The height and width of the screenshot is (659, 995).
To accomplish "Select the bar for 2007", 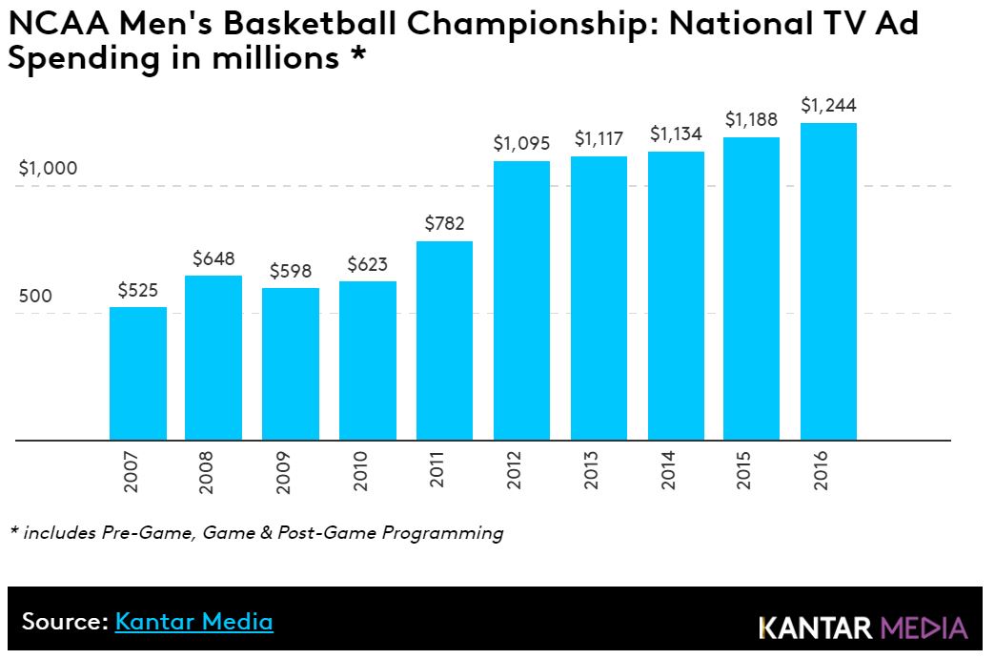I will click(x=138, y=374).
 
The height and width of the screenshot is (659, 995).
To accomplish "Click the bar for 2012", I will click(x=521, y=300).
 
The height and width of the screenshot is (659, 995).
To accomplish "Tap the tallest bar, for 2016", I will click(x=828, y=281).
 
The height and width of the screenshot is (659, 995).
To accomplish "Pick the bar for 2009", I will click(x=291, y=364).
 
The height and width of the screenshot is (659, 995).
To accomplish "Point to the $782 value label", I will click(x=444, y=224).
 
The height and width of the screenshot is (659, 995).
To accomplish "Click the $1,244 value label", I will click(x=828, y=105).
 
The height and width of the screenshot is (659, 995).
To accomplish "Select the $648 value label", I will click(x=213, y=258).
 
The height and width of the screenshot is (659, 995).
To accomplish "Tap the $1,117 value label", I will click(x=599, y=139).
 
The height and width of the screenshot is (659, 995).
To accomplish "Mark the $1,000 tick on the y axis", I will click(x=49, y=169).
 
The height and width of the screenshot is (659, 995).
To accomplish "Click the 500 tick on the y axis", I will click(x=36, y=296).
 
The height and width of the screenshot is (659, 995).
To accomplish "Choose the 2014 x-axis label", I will click(x=668, y=470).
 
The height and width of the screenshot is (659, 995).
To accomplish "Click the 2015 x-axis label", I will click(x=744, y=470).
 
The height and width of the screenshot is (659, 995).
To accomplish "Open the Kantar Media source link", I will click(x=193, y=622).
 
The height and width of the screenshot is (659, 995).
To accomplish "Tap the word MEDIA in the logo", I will click(x=924, y=628).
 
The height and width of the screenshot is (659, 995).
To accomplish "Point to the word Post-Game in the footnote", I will click(x=323, y=533).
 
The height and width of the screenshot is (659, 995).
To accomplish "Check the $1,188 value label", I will click(x=751, y=120).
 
